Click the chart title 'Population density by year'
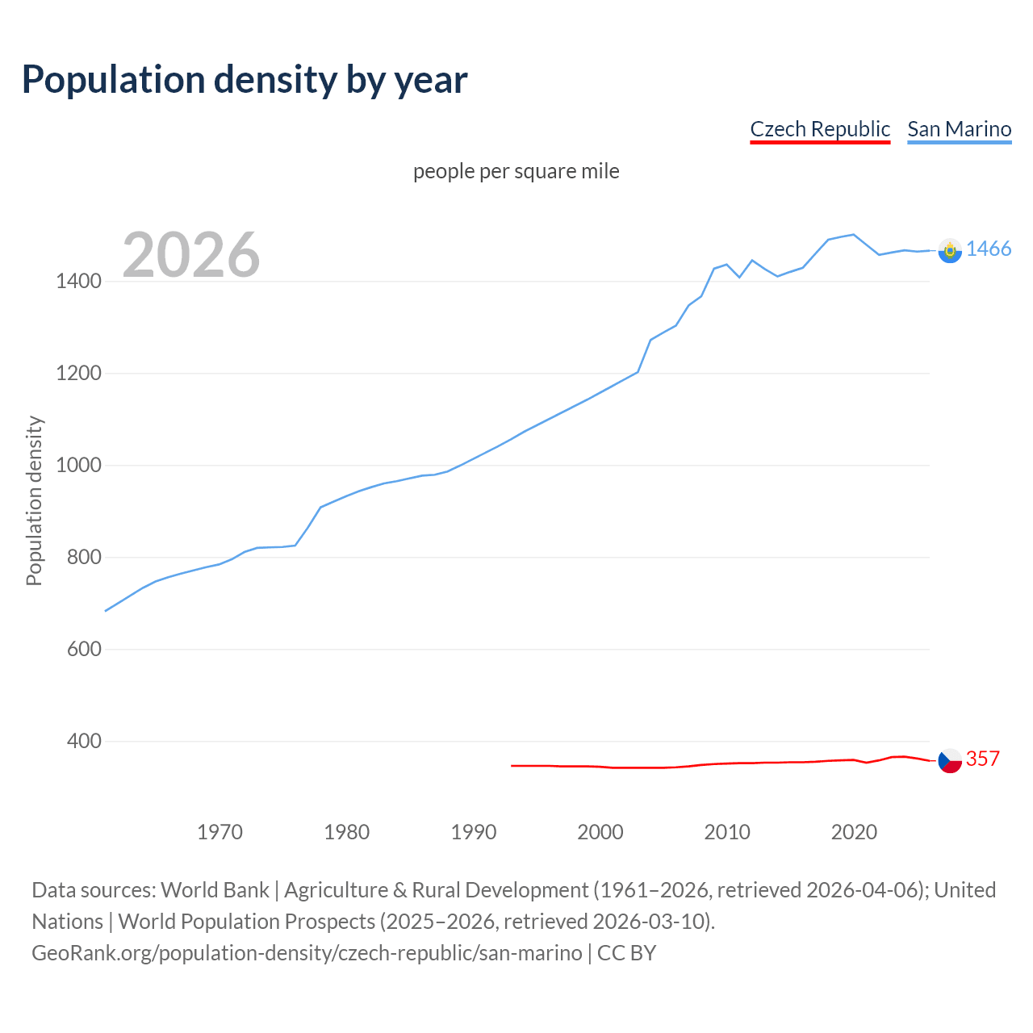245,80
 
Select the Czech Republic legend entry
819,129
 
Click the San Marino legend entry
959,129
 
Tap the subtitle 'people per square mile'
516,172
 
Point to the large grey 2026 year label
191,255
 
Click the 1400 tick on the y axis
78,282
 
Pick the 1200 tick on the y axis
78,374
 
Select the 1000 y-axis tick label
78,466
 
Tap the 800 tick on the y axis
84,558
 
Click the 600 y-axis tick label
84,650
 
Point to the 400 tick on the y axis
84,742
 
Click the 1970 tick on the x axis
220,832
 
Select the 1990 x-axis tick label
474,832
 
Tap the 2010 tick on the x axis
727,832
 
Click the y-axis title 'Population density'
34,500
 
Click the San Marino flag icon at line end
950,251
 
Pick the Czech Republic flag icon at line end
950,760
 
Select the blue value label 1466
989,249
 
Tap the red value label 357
982,759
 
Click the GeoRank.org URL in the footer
307,953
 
